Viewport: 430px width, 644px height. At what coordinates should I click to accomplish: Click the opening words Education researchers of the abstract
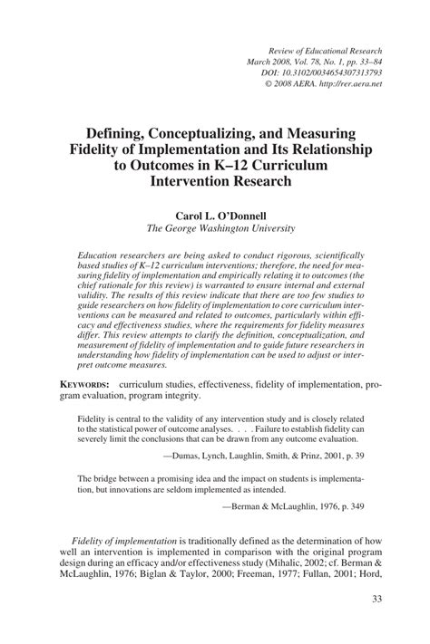pos(119,256)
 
